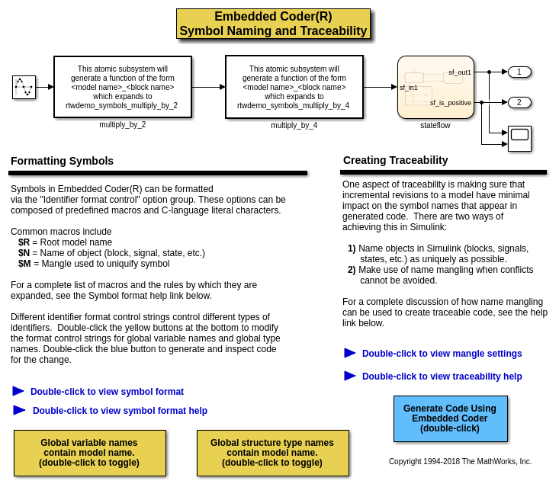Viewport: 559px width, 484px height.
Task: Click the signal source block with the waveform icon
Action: click(24, 87)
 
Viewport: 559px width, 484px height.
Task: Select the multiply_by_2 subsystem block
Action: click(122, 87)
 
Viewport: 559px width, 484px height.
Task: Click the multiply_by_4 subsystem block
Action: click(294, 87)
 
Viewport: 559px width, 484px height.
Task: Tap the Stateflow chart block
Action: click(435, 87)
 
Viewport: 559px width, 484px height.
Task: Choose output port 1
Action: click(519, 72)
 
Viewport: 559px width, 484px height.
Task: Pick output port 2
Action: click(519, 102)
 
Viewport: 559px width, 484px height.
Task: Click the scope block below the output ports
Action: click(519, 138)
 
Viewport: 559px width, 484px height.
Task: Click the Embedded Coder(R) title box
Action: click(273, 24)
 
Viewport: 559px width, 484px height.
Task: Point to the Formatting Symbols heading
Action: click(62, 161)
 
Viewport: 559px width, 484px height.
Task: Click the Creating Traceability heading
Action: click(395, 160)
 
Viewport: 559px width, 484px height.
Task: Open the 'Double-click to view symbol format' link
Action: click(107, 392)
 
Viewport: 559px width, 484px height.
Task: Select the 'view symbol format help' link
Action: click(120, 411)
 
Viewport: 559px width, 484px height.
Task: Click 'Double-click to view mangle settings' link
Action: click(442, 354)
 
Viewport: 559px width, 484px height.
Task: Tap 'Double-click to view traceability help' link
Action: click(442, 377)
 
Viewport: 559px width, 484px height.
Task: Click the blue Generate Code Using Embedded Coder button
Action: click(450, 418)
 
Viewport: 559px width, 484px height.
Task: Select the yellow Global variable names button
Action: click(89, 453)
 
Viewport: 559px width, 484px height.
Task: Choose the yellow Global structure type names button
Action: click(272, 453)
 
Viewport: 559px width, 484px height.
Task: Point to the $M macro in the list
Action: click(24, 264)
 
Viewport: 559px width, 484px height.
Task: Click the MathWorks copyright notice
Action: click(460, 461)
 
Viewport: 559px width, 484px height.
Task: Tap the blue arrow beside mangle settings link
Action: click(350, 353)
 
